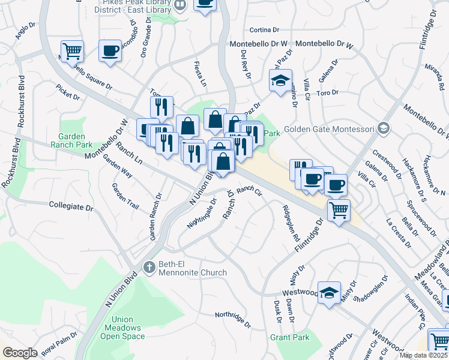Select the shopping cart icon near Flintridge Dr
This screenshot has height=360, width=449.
point(339,209)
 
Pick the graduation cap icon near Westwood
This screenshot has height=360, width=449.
point(328,292)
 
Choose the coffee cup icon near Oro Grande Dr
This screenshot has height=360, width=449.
point(110,50)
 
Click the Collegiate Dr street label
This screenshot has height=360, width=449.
point(72,206)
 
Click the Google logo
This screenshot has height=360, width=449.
point(20,353)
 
